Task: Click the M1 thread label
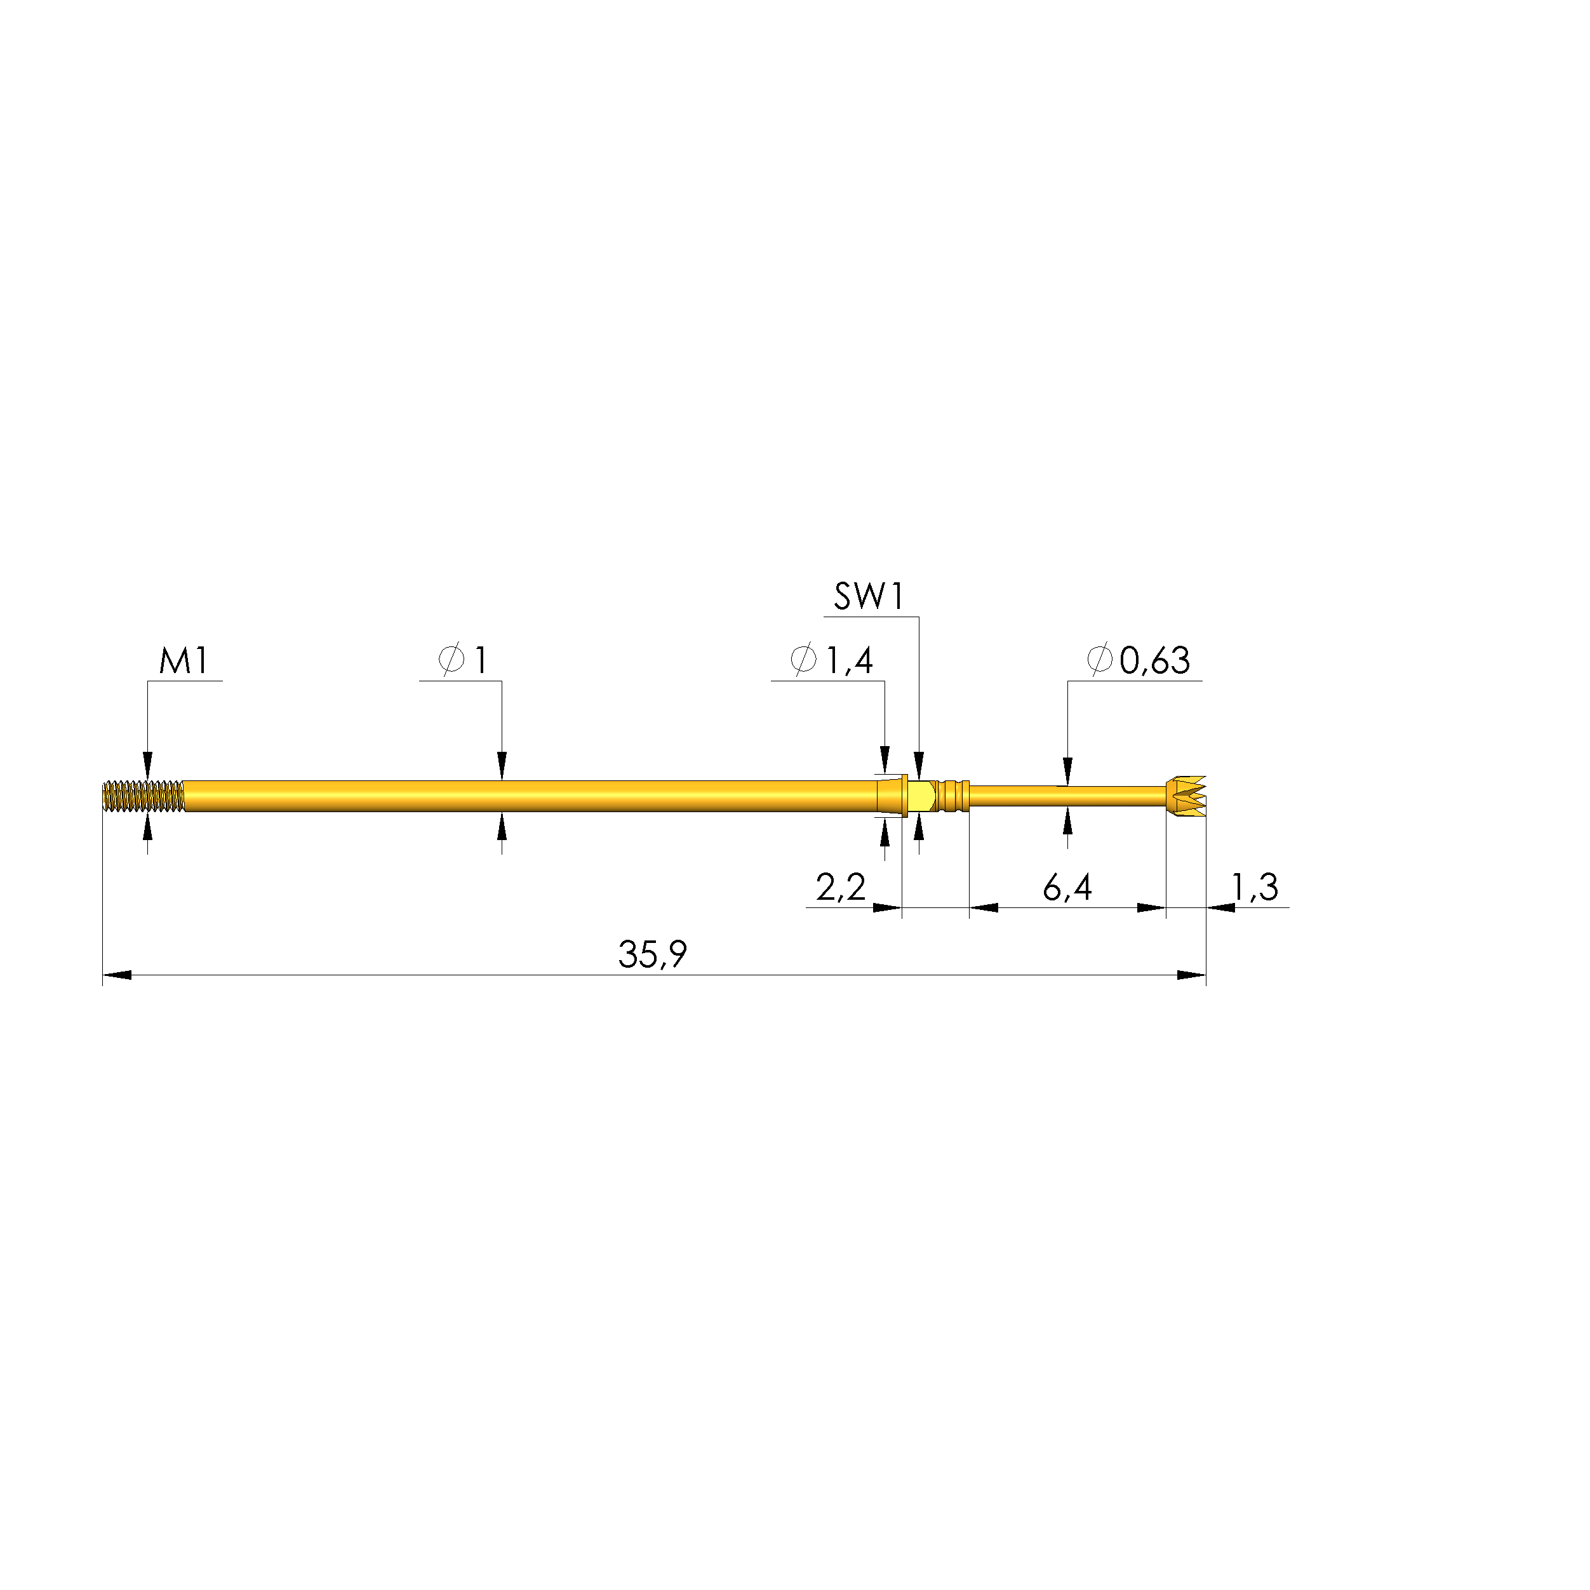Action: point(184,661)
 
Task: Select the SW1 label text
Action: point(869,597)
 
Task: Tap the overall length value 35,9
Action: point(651,954)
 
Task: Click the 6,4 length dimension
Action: point(1067,887)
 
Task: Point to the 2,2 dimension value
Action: point(840,887)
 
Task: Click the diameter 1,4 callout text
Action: point(831,660)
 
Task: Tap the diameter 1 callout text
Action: point(464,660)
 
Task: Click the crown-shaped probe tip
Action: point(1187,796)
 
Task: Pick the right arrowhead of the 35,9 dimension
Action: point(1192,975)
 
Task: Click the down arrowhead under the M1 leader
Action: point(147,765)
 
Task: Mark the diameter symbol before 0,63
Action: point(1100,659)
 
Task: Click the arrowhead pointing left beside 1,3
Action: point(1220,908)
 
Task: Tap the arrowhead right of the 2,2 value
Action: point(887,908)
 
